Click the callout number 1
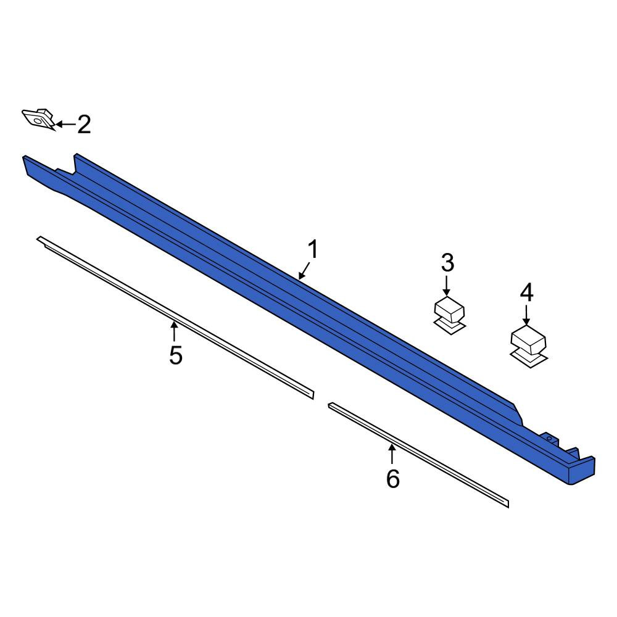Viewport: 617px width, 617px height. pos(313,251)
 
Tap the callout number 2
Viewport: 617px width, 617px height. pos(84,125)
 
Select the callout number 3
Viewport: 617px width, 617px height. pos(447,263)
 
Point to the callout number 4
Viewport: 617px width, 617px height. pos(526,292)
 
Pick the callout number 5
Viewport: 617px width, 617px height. pos(175,355)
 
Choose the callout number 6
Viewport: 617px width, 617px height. pos(392,479)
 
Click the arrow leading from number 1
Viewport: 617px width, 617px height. pos(304,271)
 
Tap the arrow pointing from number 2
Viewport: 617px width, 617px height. pos(65,125)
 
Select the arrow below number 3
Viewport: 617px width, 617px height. pos(446,286)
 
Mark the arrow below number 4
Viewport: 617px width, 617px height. pos(526,315)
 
